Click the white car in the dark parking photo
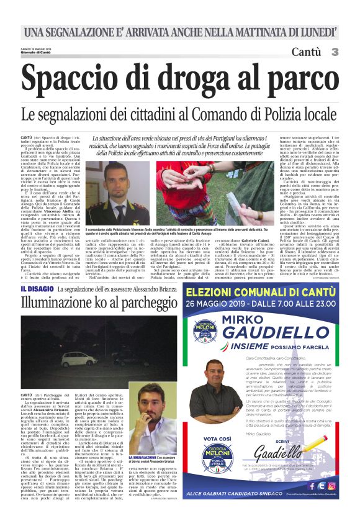[x=79, y=358]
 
